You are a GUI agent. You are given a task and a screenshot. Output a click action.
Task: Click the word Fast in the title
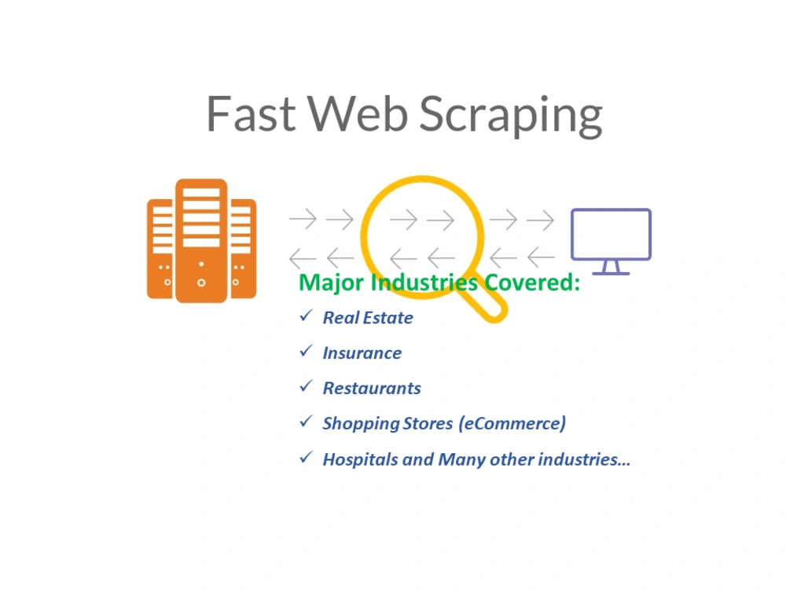pyautogui.click(x=252, y=114)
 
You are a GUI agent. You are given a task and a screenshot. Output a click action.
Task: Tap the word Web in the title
pyautogui.click(x=358, y=114)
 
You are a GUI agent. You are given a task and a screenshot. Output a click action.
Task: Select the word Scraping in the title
pyautogui.click(x=511, y=116)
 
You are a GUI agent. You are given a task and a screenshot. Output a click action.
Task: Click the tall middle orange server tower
pyautogui.click(x=201, y=241)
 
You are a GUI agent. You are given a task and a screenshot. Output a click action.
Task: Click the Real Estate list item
pyautogui.click(x=368, y=318)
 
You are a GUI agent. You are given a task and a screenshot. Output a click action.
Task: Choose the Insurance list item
pyautogui.click(x=362, y=353)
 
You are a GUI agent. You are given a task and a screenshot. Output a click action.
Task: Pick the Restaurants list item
pyautogui.click(x=372, y=389)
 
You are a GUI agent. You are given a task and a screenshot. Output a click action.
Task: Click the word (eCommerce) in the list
pyautogui.click(x=512, y=423)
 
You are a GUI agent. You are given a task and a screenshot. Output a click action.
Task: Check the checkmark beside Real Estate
pyautogui.click(x=306, y=316)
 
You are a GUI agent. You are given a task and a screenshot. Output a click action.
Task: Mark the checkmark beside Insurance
pyautogui.click(x=306, y=351)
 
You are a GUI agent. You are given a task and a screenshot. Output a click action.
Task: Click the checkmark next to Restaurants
pyautogui.click(x=306, y=386)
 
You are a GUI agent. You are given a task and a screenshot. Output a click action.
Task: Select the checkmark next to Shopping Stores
pyautogui.click(x=306, y=422)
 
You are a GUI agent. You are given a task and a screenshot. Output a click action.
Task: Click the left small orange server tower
pyautogui.click(x=160, y=249)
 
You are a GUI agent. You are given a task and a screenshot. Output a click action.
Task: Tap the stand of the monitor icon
pyautogui.click(x=611, y=267)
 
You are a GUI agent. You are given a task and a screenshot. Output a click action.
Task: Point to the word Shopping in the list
pyautogui.click(x=361, y=424)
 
